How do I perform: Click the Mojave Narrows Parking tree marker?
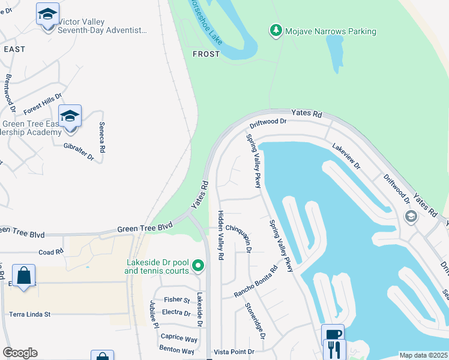coord(276,31)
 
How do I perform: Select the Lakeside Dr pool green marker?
coord(202,266)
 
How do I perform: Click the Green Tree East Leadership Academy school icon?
coord(70,115)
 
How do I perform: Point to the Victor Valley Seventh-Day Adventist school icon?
coord(47,14)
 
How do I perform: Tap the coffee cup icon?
coord(333,335)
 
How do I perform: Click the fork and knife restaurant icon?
coord(334,349)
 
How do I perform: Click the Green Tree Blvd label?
coord(145,227)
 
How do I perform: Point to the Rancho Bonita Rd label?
coord(256,282)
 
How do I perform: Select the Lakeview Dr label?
coord(346,155)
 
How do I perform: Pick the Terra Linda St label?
coord(29,314)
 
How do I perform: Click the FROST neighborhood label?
coord(206,54)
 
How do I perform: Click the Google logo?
coord(19,353)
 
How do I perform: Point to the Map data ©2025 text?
coord(423,355)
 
